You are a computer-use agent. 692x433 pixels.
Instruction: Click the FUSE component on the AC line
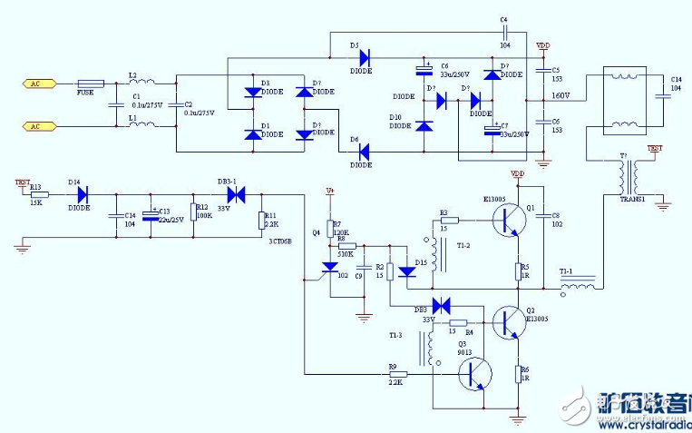(x=92, y=84)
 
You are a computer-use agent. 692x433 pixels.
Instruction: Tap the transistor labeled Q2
(x=508, y=322)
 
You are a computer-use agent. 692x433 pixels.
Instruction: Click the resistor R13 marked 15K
(x=39, y=193)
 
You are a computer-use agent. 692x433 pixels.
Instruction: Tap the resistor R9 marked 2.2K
(x=396, y=374)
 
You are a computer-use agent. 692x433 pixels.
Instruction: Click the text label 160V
(x=560, y=95)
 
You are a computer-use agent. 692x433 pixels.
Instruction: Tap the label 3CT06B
(x=277, y=242)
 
